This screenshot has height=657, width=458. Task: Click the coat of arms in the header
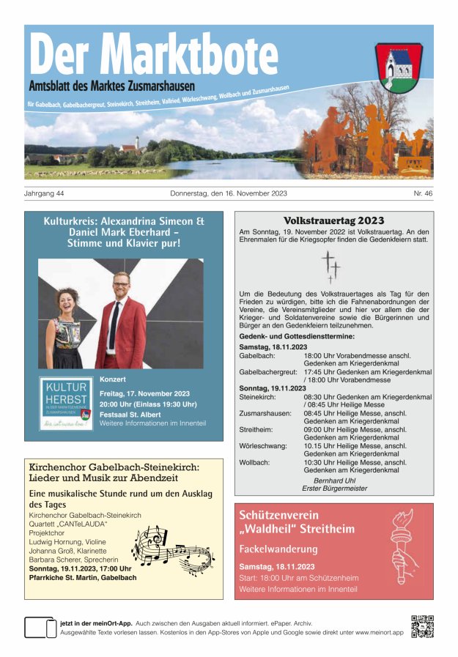[x=399, y=66]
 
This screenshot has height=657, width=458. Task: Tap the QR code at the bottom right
[x=422, y=626]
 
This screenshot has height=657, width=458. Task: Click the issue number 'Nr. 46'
[x=423, y=194]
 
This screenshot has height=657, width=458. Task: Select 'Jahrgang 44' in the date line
[x=45, y=194]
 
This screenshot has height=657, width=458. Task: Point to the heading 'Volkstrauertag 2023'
[x=333, y=220]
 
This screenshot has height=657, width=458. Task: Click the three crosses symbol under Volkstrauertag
[x=330, y=267]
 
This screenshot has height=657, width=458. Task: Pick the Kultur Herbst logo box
[x=66, y=404]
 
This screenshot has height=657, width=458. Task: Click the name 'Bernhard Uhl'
[x=334, y=480]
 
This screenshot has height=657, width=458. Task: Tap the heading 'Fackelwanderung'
[x=278, y=549]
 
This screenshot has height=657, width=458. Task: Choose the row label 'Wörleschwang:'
[x=263, y=445]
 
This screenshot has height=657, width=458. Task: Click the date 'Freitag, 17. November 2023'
[x=144, y=393]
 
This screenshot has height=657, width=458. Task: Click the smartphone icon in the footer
[x=40, y=628]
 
